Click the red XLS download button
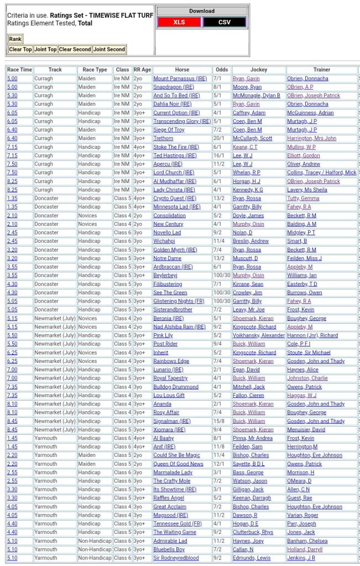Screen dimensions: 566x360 (x=179, y=22)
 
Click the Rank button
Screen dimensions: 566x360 (x=15, y=39)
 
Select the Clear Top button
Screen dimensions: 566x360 (x=20, y=49)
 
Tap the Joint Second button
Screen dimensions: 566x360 (x=109, y=49)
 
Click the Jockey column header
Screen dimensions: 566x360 (x=258, y=70)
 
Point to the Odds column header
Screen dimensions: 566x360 (x=221, y=70)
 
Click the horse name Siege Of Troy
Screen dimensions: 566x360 (x=169, y=130)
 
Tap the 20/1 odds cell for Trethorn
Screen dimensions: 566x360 (x=220, y=138)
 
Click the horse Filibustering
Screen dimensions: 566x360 (x=168, y=284)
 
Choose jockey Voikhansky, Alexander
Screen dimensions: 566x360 (x=258, y=335)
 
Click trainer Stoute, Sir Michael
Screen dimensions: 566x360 (x=309, y=352)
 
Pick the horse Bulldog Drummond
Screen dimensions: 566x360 (x=176, y=387)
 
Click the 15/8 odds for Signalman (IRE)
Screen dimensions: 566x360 (x=221, y=421)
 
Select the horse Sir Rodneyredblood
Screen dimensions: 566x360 (x=176, y=558)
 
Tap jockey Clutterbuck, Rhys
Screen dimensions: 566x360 (x=253, y=532)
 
